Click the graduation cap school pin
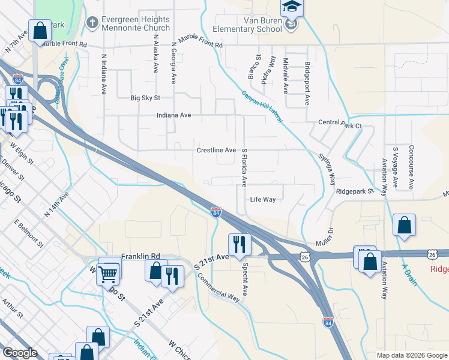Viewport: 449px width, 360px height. (292, 8)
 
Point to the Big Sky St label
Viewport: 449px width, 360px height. (145, 98)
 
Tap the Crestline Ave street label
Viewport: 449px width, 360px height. (216, 150)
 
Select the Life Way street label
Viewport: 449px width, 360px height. (262, 200)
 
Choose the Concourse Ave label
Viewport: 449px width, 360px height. (411, 167)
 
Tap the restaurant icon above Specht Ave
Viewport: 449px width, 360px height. (238, 244)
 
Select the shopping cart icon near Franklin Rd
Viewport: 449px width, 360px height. (109, 273)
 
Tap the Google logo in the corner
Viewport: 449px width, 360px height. (20, 353)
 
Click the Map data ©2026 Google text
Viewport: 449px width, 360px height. (412, 355)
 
